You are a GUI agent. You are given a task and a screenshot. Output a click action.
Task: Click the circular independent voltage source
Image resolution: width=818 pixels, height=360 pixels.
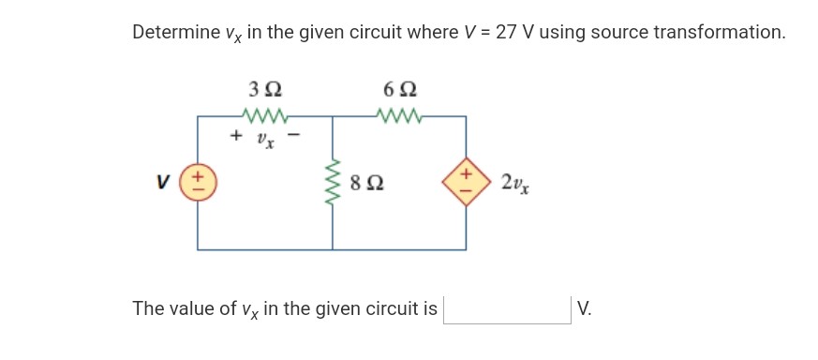click(x=197, y=182)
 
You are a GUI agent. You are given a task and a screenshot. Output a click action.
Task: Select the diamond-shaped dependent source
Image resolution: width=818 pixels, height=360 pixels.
click(x=467, y=182)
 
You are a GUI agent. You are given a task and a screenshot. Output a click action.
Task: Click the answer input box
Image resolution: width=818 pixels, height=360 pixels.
click(x=506, y=308)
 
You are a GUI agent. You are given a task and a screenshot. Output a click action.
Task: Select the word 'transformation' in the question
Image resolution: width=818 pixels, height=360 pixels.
click(x=718, y=33)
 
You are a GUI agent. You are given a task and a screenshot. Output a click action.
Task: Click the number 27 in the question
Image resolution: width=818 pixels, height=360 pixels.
click(x=506, y=33)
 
